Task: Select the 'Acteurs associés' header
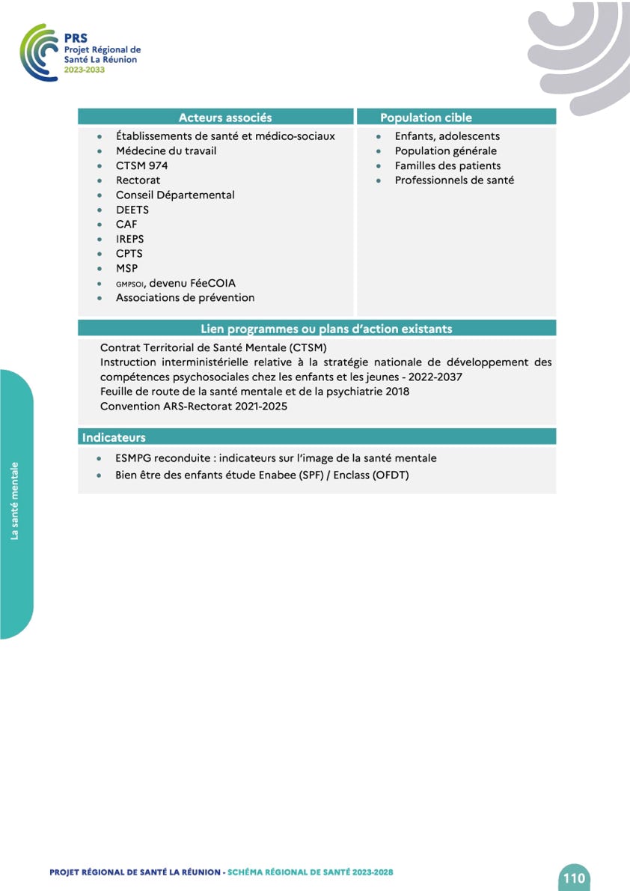(225, 118)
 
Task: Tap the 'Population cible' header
(426, 118)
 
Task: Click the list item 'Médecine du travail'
(166, 150)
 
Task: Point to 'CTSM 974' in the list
(141, 165)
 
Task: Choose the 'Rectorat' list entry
(138, 180)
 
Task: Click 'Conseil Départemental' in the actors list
(175, 195)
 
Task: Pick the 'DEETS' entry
(132, 210)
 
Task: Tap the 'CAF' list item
(126, 224)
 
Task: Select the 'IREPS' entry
(129, 239)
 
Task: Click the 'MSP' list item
(126, 268)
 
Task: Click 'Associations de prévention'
(185, 297)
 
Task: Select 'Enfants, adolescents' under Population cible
(447, 136)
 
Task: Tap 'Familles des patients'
(448, 165)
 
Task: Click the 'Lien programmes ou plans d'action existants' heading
(326, 329)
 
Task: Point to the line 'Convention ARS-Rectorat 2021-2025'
(194, 406)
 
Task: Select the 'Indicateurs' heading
(114, 437)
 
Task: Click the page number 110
(574, 878)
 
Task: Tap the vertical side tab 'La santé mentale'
(15, 501)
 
